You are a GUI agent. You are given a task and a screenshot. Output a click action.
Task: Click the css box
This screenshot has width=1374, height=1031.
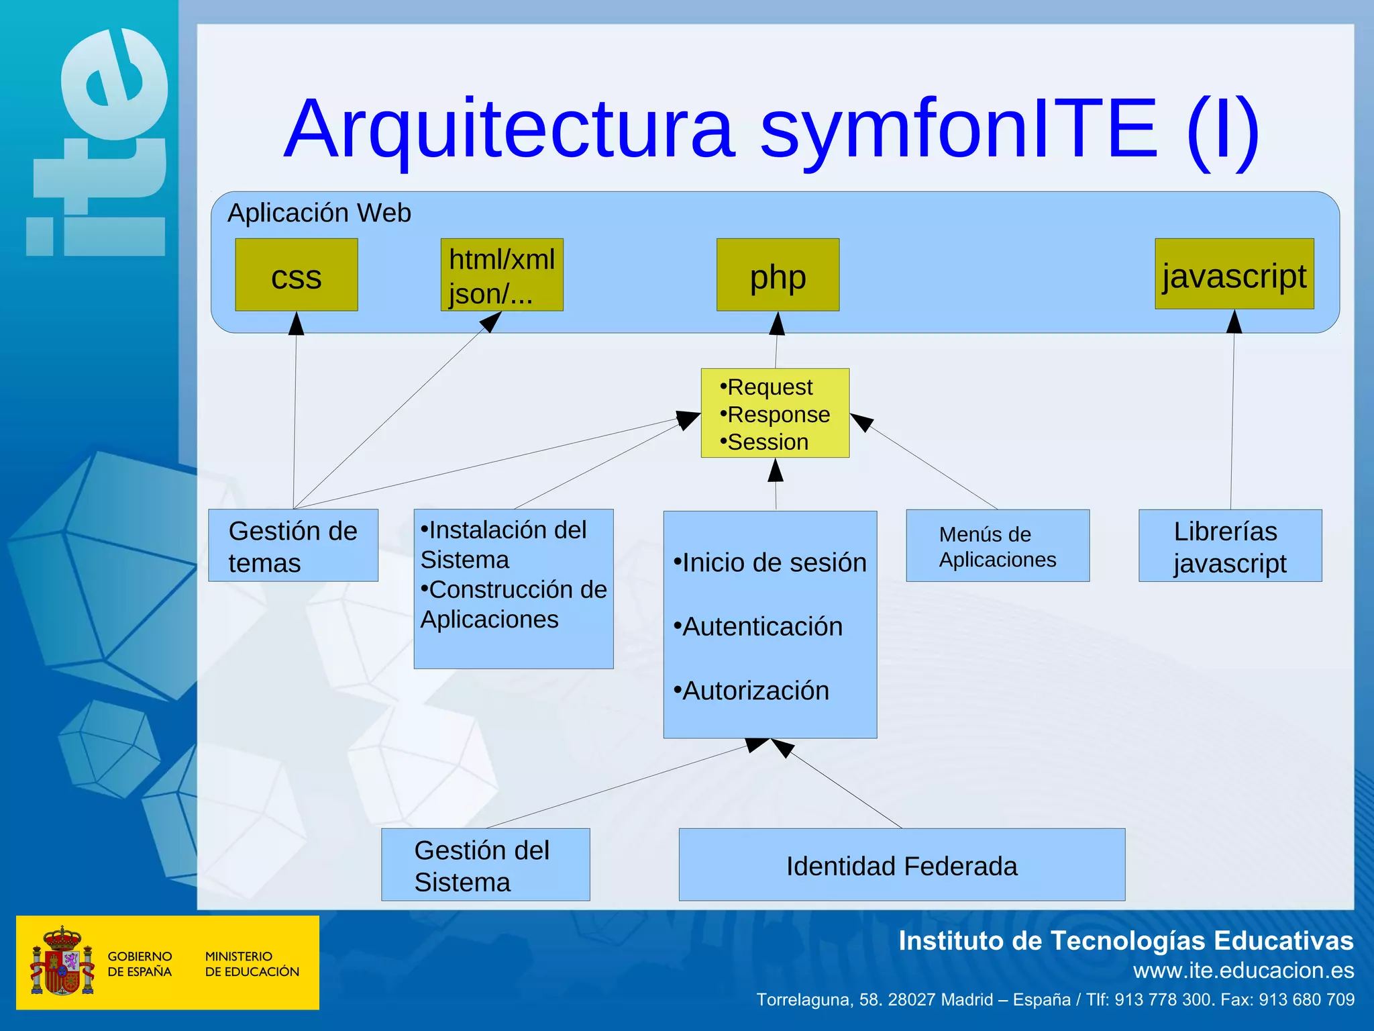click(x=296, y=275)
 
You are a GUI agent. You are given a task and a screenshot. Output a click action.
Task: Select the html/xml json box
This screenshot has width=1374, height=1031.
click(x=501, y=275)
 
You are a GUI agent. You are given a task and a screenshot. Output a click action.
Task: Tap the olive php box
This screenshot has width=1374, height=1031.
click(x=778, y=275)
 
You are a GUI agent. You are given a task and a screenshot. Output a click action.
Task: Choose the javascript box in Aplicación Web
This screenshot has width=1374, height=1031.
click(x=1234, y=275)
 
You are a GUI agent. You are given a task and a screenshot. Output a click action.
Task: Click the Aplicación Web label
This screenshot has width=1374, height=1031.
click(x=319, y=213)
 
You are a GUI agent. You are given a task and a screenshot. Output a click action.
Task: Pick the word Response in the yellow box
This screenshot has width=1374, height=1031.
click(x=778, y=415)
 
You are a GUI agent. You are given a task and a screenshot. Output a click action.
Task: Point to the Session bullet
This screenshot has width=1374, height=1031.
click(x=768, y=442)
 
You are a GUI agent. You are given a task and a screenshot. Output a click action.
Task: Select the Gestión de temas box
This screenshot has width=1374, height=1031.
click(x=293, y=546)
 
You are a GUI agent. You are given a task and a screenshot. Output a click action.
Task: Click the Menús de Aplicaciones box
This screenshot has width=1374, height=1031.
click(x=997, y=546)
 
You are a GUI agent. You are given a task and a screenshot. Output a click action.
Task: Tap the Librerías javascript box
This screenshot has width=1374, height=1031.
click(x=1230, y=546)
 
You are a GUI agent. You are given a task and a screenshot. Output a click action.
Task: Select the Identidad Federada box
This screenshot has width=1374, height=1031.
click(x=901, y=865)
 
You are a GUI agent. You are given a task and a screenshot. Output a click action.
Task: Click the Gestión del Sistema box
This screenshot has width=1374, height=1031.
click(x=485, y=865)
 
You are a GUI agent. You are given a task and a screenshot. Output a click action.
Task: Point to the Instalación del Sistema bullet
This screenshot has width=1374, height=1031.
click(x=503, y=544)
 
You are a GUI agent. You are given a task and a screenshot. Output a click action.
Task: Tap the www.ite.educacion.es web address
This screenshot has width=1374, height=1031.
click(x=1243, y=971)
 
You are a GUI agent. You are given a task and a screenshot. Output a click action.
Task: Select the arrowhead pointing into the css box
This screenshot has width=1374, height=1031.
click(x=296, y=323)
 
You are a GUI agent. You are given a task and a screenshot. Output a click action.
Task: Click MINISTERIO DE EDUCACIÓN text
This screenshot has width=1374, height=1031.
click(x=252, y=964)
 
